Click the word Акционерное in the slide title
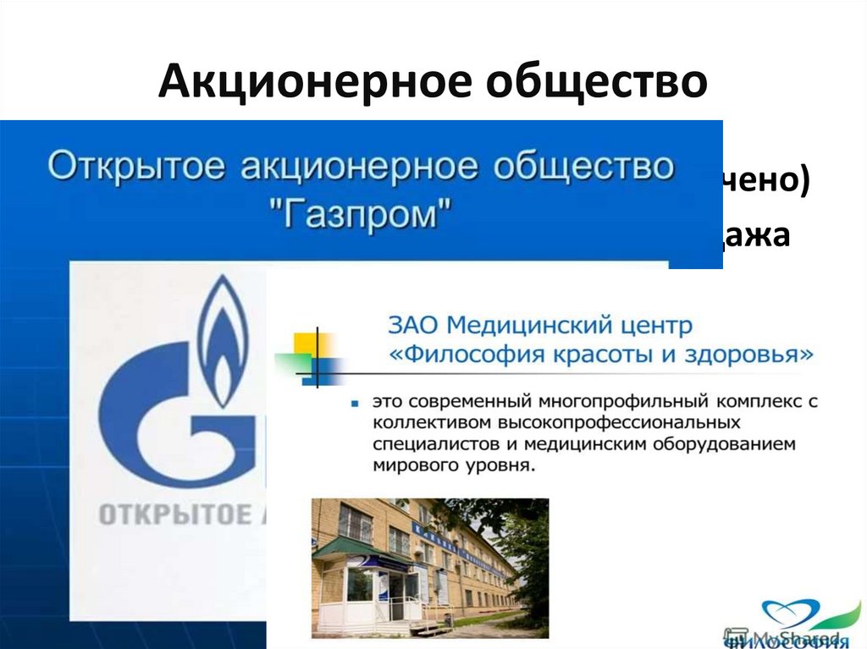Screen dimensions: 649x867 tap(291, 83)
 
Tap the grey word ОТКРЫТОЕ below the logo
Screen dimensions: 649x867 tap(174, 514)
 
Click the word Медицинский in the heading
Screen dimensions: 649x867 tap(527, 325)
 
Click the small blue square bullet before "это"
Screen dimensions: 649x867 tap(353, 404)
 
